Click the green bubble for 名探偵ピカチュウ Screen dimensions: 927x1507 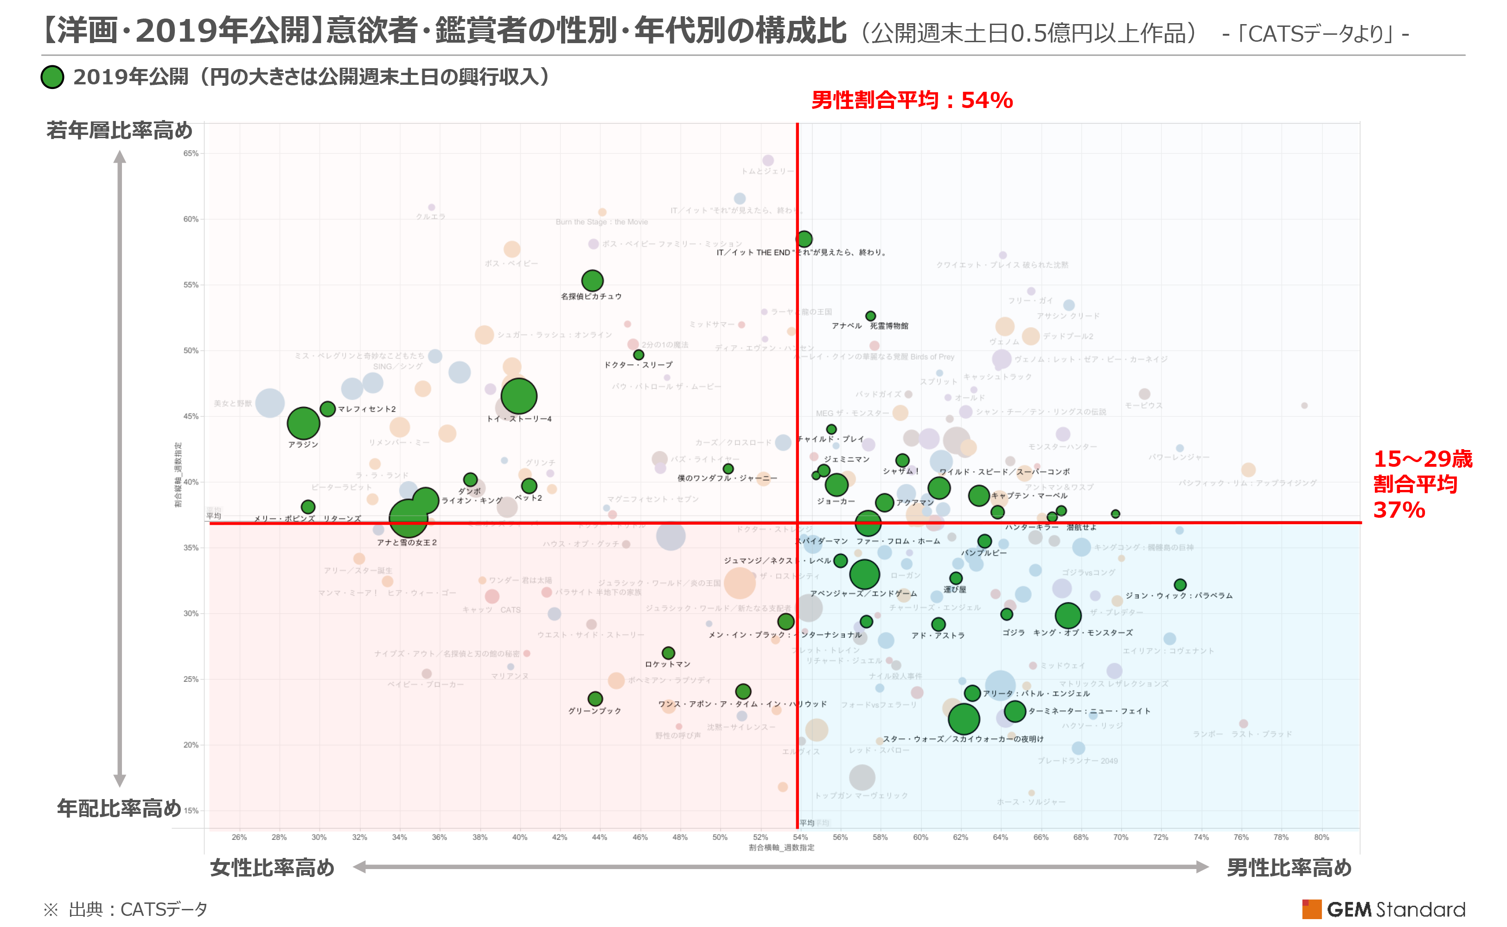[592, 281]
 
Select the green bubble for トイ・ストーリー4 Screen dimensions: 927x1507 [519, 396]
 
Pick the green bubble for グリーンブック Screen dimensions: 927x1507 [595, 699]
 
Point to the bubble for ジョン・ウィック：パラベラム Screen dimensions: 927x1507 [1180, 585]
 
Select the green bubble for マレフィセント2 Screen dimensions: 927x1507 [327, 409]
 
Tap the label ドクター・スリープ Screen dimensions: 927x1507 [638, 365]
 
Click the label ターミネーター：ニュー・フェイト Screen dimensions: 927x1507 [1089, 711]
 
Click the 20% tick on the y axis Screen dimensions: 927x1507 [191, 745]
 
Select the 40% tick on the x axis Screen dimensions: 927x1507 [519, 838]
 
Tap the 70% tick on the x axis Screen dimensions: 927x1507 [1121, 838]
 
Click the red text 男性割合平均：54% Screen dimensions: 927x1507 [912, 100]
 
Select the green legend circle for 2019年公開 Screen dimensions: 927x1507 [53, 77]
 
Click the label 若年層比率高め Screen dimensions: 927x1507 [119, 131]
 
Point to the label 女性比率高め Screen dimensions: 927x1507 [272, 868]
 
